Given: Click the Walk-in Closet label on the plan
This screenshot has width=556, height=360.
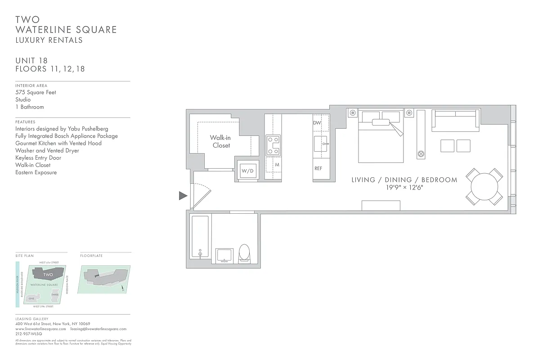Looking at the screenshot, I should pyautogui.click(x=221, y=141).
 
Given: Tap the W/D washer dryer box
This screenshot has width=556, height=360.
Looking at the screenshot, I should pyautogui.click(x=247, y=171).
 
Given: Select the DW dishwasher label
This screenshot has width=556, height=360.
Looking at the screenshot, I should pyautogui.click(x=317, y=123).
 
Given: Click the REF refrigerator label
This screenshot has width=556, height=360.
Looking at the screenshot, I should pyautogui.click(x=318, y=168).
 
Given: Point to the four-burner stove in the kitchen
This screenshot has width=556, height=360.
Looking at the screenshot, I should pyautogui.click(x=273, y=145).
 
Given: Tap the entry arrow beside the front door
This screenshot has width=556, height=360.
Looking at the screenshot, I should pyautogui.click(x=183, y=195).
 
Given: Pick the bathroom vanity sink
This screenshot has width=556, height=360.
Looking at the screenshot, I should pyautogui.click(x=224, y=255).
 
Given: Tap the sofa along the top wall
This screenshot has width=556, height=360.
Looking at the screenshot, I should pyautogui.click(x=455, y=120).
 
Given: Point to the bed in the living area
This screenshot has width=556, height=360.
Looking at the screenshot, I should pyautogui.click(x=381, y=137).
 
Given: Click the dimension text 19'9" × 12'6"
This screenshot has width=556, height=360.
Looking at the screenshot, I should pyautogui.click(x=404, y=188).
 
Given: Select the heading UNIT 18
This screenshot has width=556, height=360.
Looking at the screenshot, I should pyautogui.click(x=31, y=61).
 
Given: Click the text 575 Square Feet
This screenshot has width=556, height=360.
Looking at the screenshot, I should pyautogui.click(x=36, y=92).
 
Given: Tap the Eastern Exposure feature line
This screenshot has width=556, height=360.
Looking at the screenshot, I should pyautogui.click(x=36, y=172).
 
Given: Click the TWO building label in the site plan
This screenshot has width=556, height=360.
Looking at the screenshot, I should pyautogui.click(x=48, y=274).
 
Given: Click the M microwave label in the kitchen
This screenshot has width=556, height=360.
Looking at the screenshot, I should pyautogui.click(x=277, y=165).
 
